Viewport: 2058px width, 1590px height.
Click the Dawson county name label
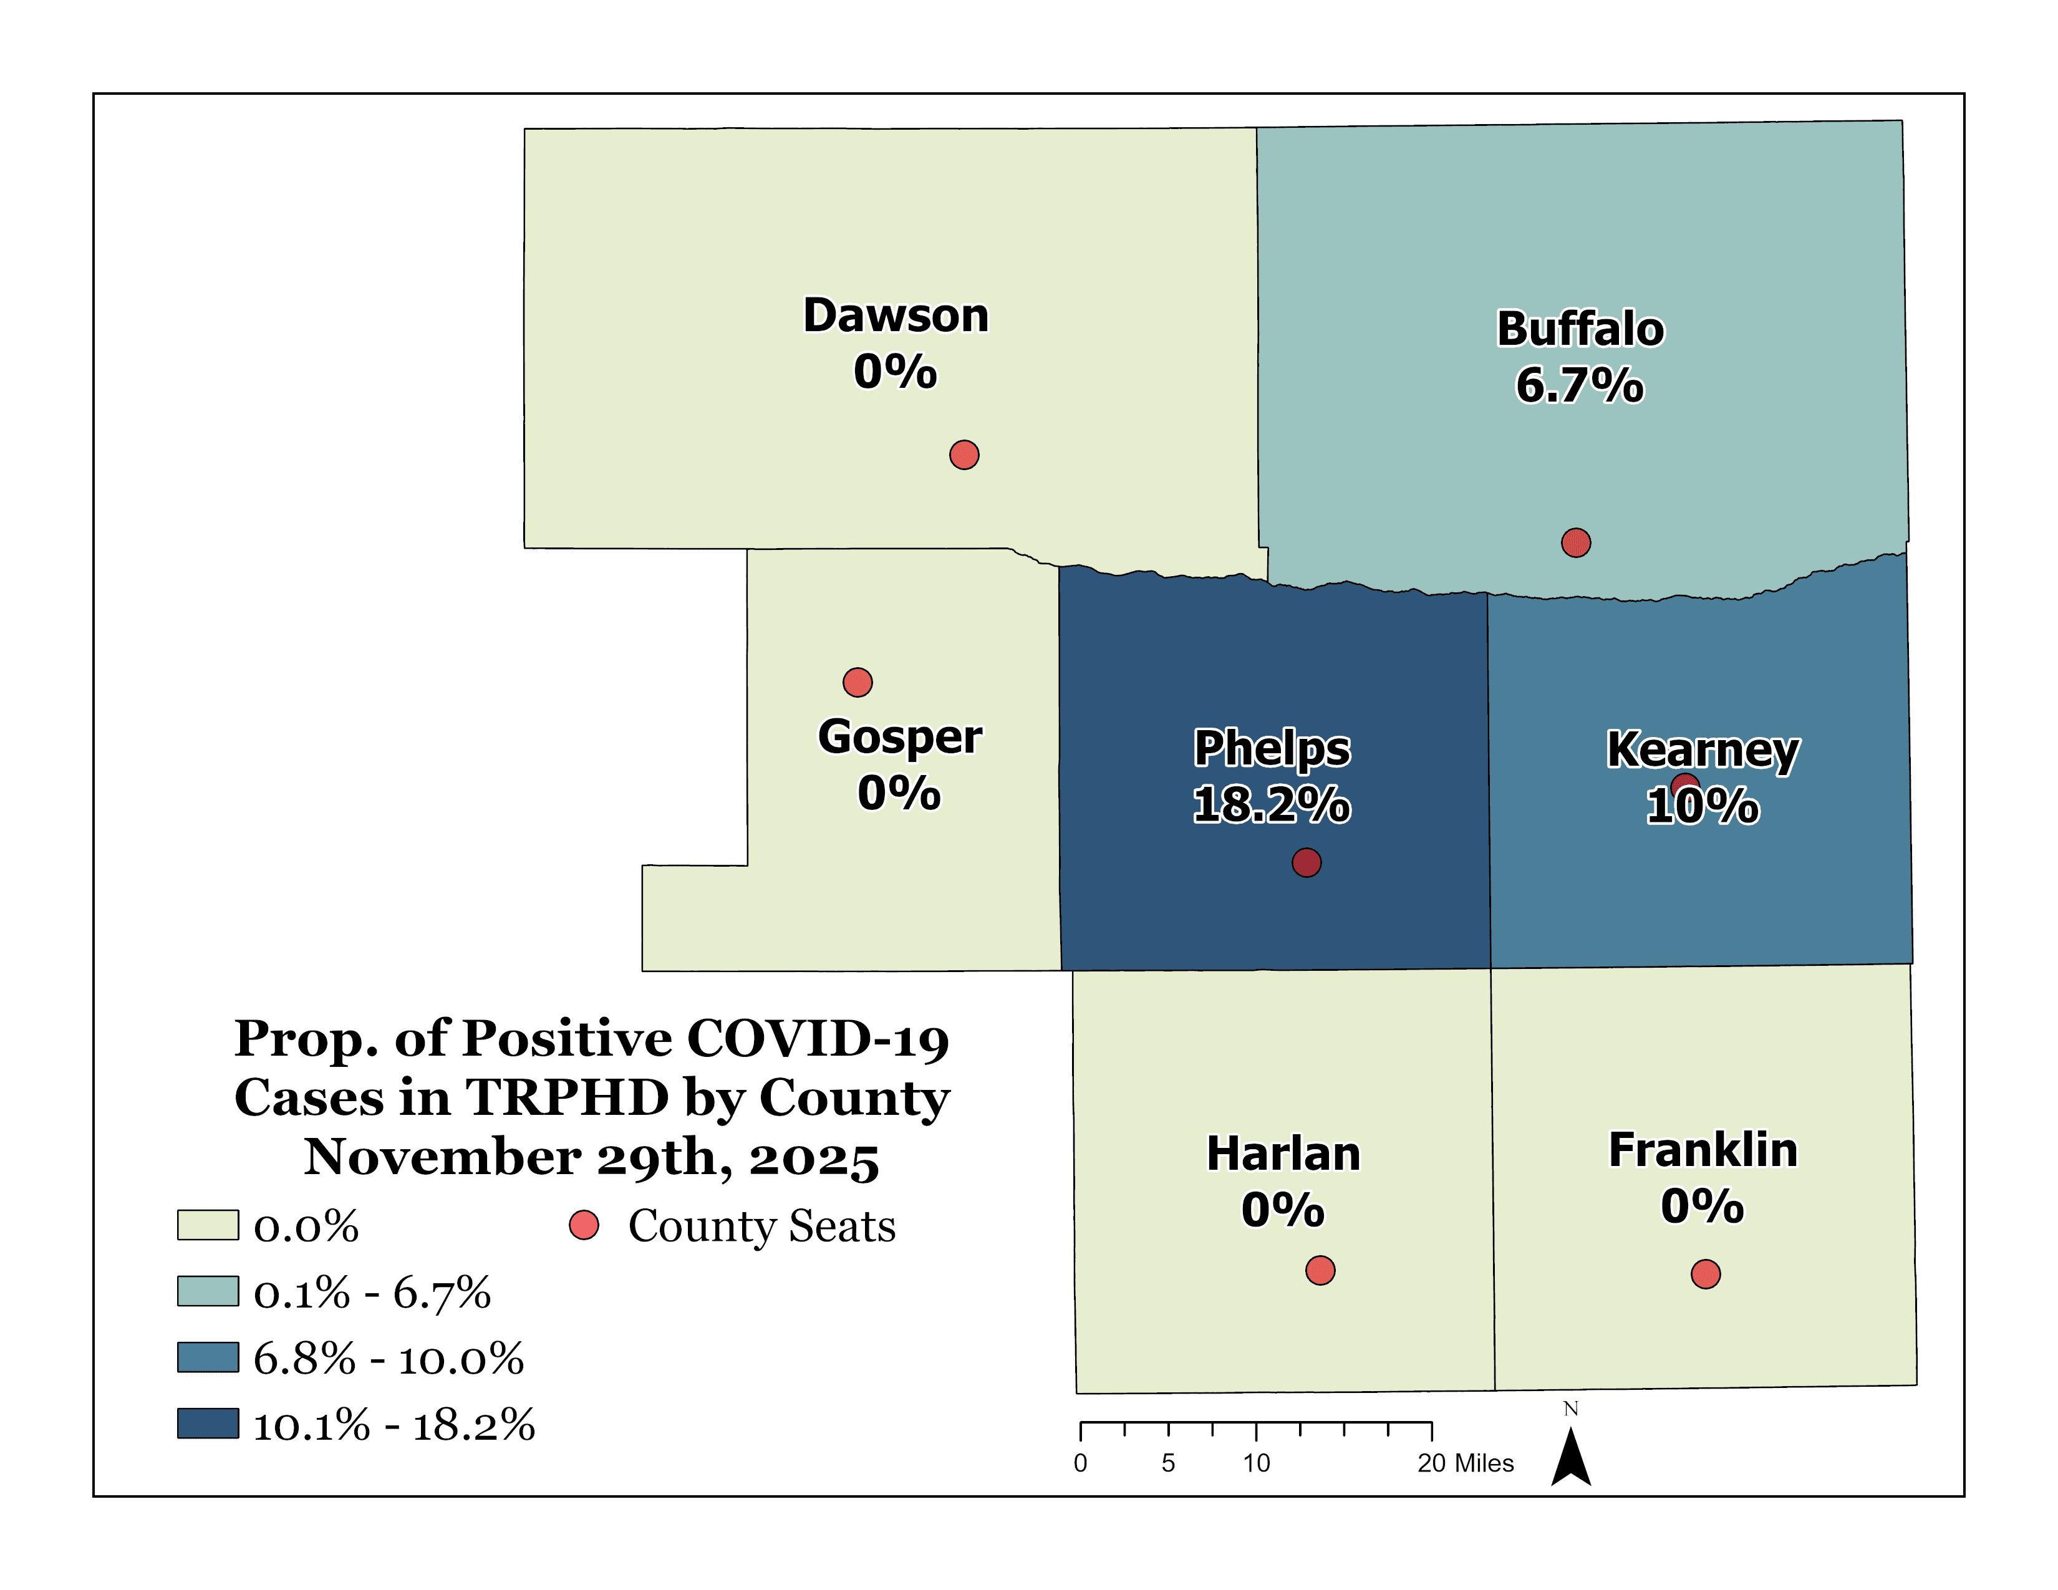(895, 316)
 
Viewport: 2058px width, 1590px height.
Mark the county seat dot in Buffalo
(1575, 542)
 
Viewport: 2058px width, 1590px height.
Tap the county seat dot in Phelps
(1306, 862)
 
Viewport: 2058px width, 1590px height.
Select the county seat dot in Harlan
(1320, 1270)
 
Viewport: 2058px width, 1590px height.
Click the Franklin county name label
(1703, 1150)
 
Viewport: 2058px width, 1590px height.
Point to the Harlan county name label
(1283, 1154)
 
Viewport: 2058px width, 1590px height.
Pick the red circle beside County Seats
(584, 1225)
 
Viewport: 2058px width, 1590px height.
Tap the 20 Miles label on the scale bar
(1466, 1463)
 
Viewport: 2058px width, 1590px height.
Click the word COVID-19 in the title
(818, 1039)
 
